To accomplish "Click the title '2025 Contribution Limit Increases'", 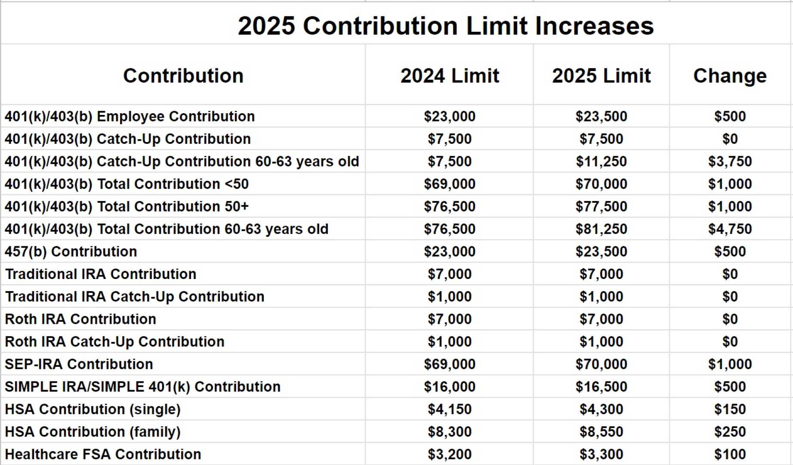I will (445, 26).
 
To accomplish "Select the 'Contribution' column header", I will (183, 76).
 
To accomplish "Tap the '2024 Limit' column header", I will (450, 76).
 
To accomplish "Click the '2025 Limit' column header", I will (601, 76).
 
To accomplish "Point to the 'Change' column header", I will (730, 76).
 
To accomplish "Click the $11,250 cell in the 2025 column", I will (601, 161).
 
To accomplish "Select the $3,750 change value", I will (730, 161).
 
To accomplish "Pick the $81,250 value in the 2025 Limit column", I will (601, 229).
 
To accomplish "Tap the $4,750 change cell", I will (730, 229).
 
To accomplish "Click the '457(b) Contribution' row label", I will (71, 251).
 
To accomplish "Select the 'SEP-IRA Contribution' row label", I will (79, 364).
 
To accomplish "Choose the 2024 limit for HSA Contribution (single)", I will (450, 409).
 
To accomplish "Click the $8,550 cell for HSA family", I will (601, 431).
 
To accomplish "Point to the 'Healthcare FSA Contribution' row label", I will (103, 454).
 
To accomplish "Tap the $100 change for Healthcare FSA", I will (730, 454).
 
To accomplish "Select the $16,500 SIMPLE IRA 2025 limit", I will (601, 387).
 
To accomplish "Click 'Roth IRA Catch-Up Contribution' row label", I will (114, 341).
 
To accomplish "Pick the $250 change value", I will (730, 431).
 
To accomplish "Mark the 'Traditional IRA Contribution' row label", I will (101, 274).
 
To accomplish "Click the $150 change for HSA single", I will (730, 409).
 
